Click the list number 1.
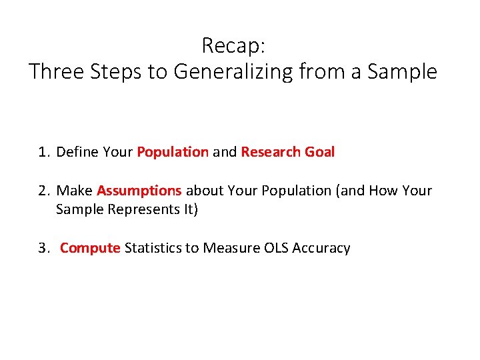click(x=43, y=152)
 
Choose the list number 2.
click(x=43, y=191)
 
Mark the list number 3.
click(x=43, y=248)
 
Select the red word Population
click(x=173, y=152)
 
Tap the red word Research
click(x=271, y=152)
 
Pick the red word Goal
click(x=319, y=152)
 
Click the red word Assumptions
click(x=139, y=191)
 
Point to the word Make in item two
click(x=75, y=191)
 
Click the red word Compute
click(x=90, y=248)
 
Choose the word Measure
click(x=233, y=248)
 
